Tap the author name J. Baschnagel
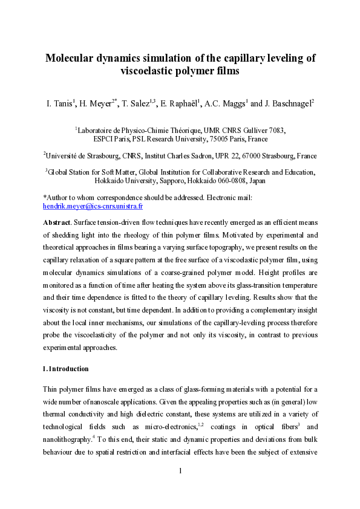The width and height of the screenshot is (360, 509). pos(282,104)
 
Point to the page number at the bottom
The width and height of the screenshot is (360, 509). pos(180,487)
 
